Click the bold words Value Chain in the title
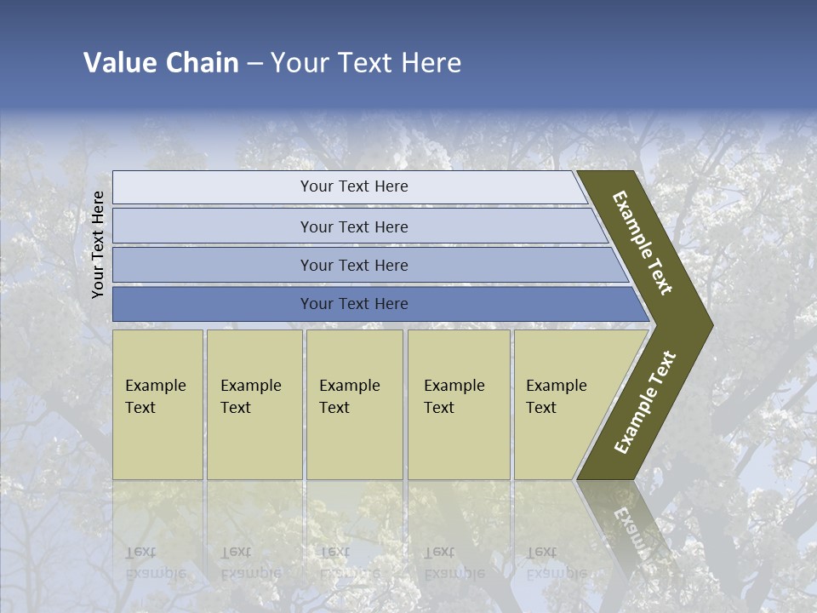(161, 63)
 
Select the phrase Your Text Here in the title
(366, 63)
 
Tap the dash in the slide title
(254, 64)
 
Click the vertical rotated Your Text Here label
(98, 244)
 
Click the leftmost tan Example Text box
(157, 404)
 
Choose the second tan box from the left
(254, 404)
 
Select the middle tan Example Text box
(354, 404)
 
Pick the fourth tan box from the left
(459, 404)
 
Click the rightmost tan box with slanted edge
(562, 404)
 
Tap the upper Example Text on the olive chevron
(643, 243)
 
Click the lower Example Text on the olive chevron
(645, 403)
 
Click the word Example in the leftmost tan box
(155, 386)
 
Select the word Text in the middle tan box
(334, 408)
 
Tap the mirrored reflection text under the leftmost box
(155, 563)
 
